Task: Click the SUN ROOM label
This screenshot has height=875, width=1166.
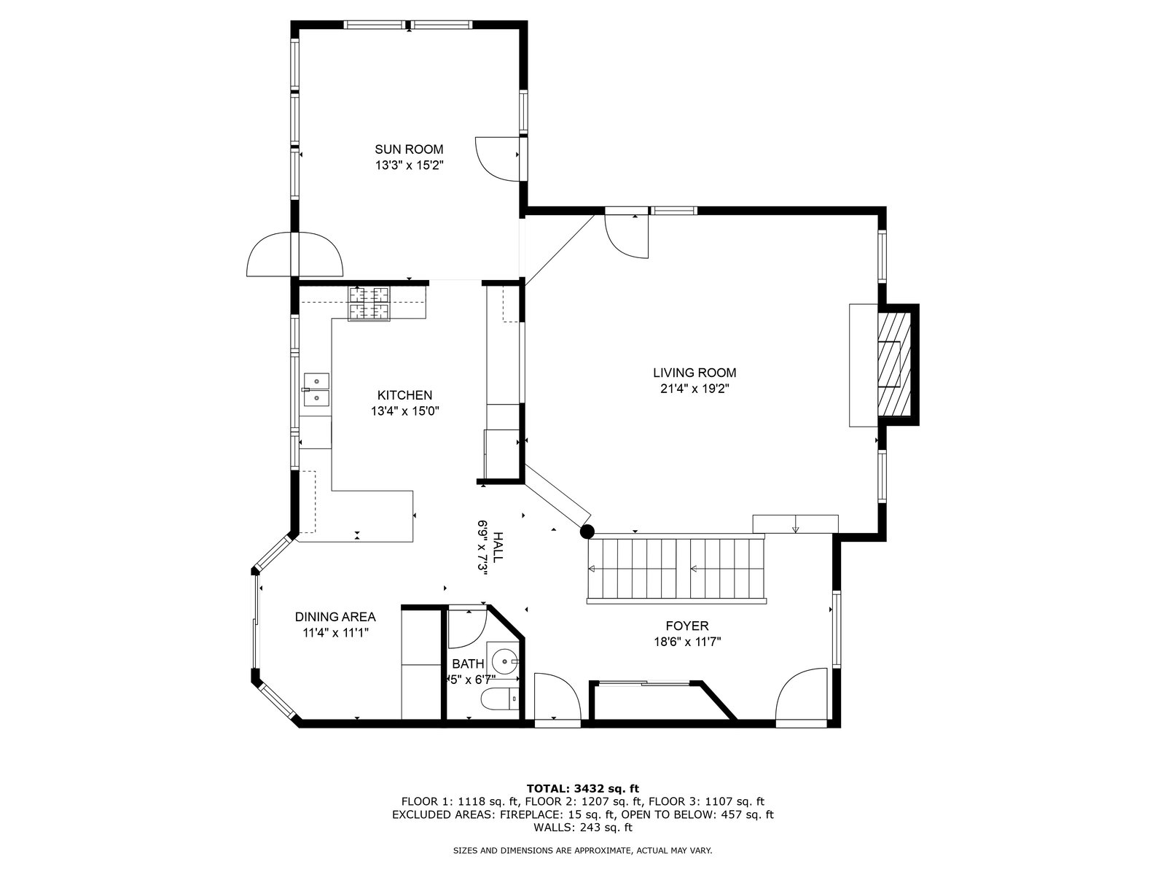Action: [409, 149]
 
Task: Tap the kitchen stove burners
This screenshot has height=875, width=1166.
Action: [369, 303]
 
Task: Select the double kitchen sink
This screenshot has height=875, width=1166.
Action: [316, 389]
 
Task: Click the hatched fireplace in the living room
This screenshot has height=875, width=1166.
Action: [894, 365]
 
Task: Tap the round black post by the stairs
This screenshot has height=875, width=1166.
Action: [587, 531]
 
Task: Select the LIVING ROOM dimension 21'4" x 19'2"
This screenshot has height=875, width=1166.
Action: [694, 389]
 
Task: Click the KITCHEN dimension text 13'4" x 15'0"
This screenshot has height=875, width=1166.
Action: [404, 411]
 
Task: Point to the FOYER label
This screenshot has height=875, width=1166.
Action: [687, 626]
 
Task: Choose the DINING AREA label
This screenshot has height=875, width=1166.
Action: [335, 617]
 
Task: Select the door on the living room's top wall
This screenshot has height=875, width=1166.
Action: [627, 236]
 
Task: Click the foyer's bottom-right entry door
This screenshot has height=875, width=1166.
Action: [802, 696]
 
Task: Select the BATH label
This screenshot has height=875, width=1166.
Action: [468, 664]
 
